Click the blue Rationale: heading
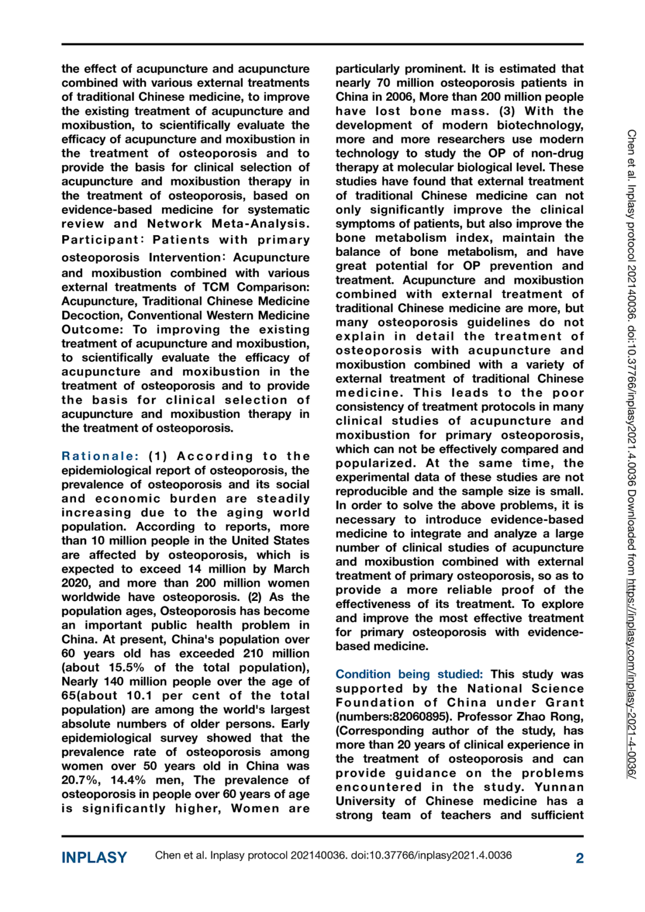pos(100,456)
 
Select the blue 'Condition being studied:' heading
pos(409,674)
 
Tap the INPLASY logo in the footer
pos(94,857)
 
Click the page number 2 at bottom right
pos(579,858)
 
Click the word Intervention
pos(186,258)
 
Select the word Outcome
pos(91,330)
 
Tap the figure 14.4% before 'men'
pos(128,780)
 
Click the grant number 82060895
pos(423,717)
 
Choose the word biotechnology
pos(539,125)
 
